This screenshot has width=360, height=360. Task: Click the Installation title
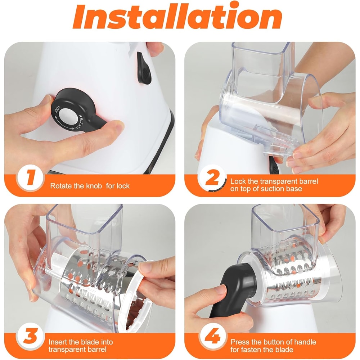177,16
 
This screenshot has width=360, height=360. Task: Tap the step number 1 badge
30,179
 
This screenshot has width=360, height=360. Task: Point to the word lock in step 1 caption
124,186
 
